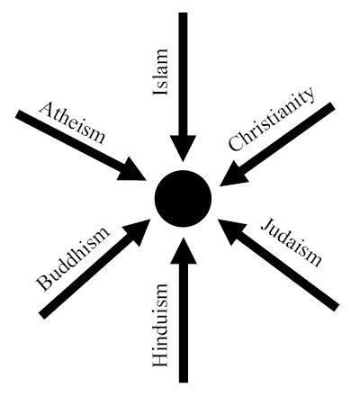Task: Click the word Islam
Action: point(160,71)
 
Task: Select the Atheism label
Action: point(72,123)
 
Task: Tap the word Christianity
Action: point(272,119)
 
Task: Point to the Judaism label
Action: point(291,242)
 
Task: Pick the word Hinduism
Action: point(160,325)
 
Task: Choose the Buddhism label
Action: point(71,259)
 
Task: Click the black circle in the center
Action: point(183,198)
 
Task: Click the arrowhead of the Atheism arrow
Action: point(132,170)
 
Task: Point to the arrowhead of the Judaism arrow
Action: point(231,230)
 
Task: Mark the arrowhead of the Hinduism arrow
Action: point(184,250)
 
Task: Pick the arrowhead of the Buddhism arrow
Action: point(136,231)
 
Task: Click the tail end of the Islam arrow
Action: point(183,13)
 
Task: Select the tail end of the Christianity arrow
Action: point(332,106)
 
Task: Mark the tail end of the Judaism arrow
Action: point(337,307)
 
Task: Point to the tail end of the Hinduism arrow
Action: point(184,382)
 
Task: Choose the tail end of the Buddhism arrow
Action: point(42,314)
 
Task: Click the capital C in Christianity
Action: point(236,143)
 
